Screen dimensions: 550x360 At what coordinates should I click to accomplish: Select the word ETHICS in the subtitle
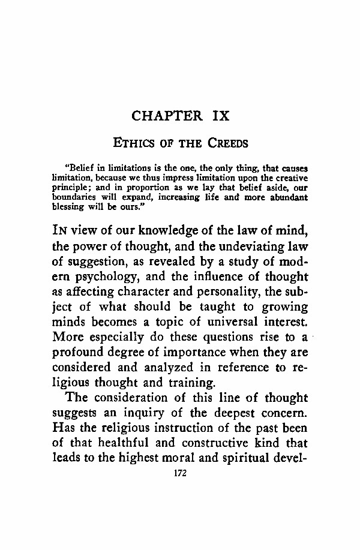coord(134,143)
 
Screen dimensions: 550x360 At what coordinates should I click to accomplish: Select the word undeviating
coord(244,245)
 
